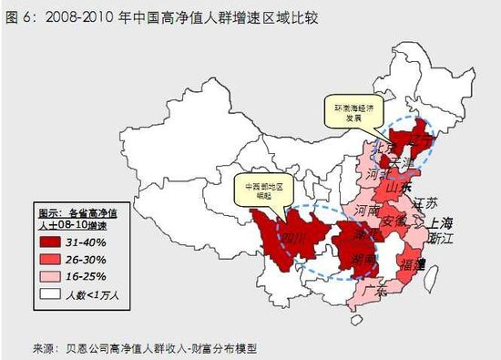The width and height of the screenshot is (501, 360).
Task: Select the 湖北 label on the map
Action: (x=367, y=235)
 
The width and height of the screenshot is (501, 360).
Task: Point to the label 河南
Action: (x=366, y=210)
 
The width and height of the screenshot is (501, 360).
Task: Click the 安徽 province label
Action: (x=394, y=221)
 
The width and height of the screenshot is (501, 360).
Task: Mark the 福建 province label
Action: (x=412, y=265)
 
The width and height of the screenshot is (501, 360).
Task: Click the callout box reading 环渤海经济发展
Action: (x=348, y=112)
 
